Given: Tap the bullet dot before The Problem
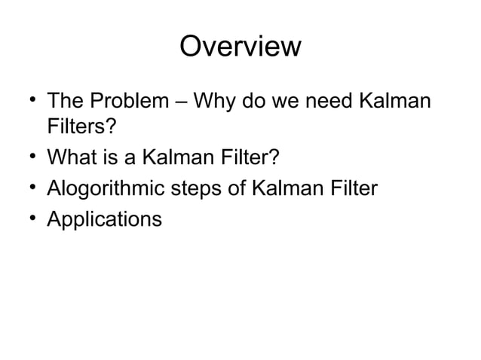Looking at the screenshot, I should tap(29, 101).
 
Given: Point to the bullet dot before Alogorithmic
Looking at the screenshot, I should tap(29, 189).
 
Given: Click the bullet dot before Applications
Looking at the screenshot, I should tap(29, 219).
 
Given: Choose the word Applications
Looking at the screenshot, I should tap(104, 220).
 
